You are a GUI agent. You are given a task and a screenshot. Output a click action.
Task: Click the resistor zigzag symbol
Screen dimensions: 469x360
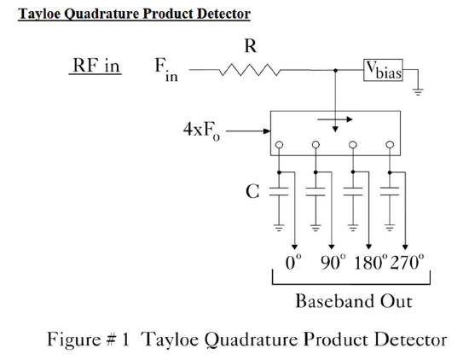[x=250, y=70]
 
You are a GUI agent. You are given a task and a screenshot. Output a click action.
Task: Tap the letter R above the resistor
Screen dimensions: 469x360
[x=251, y=46]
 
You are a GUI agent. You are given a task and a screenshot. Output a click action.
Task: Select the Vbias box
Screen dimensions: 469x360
[x=383, y=70]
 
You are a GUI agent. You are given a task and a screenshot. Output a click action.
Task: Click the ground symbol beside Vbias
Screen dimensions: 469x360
[x=418, y=91]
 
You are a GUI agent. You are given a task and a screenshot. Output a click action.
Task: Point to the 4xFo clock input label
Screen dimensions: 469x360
[x=201, y=131]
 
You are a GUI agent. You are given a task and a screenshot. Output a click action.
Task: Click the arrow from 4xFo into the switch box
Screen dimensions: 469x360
[x=248, y=131]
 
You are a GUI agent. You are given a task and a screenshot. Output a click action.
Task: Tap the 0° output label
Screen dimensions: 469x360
[x=293, y=263]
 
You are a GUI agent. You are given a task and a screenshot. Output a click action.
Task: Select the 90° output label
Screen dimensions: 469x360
[x=333, y=263]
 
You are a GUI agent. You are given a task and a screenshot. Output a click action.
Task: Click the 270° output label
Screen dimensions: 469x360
[x=407, y=263]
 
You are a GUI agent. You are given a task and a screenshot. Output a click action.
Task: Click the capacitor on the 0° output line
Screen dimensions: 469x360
[x=279, y=192]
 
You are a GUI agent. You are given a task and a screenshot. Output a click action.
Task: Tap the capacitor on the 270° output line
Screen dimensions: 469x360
[x=390, y=191]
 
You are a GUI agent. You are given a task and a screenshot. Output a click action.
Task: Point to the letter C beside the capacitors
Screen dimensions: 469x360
[x=252, y=192]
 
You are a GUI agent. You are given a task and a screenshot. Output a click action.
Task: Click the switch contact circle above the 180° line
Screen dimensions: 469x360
[x=353, y=145]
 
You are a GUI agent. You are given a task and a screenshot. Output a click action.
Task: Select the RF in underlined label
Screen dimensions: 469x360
[x=96, y=65]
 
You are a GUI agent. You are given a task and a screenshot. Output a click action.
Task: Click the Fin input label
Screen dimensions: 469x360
[x=166, y=69]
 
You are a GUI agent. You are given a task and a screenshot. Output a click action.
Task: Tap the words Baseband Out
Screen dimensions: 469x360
[x=354, y=301]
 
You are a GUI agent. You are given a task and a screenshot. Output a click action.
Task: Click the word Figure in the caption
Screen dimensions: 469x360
[x=74, y=340]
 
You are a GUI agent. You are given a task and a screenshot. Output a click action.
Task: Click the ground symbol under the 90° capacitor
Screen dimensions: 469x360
[x=316, y=228]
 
